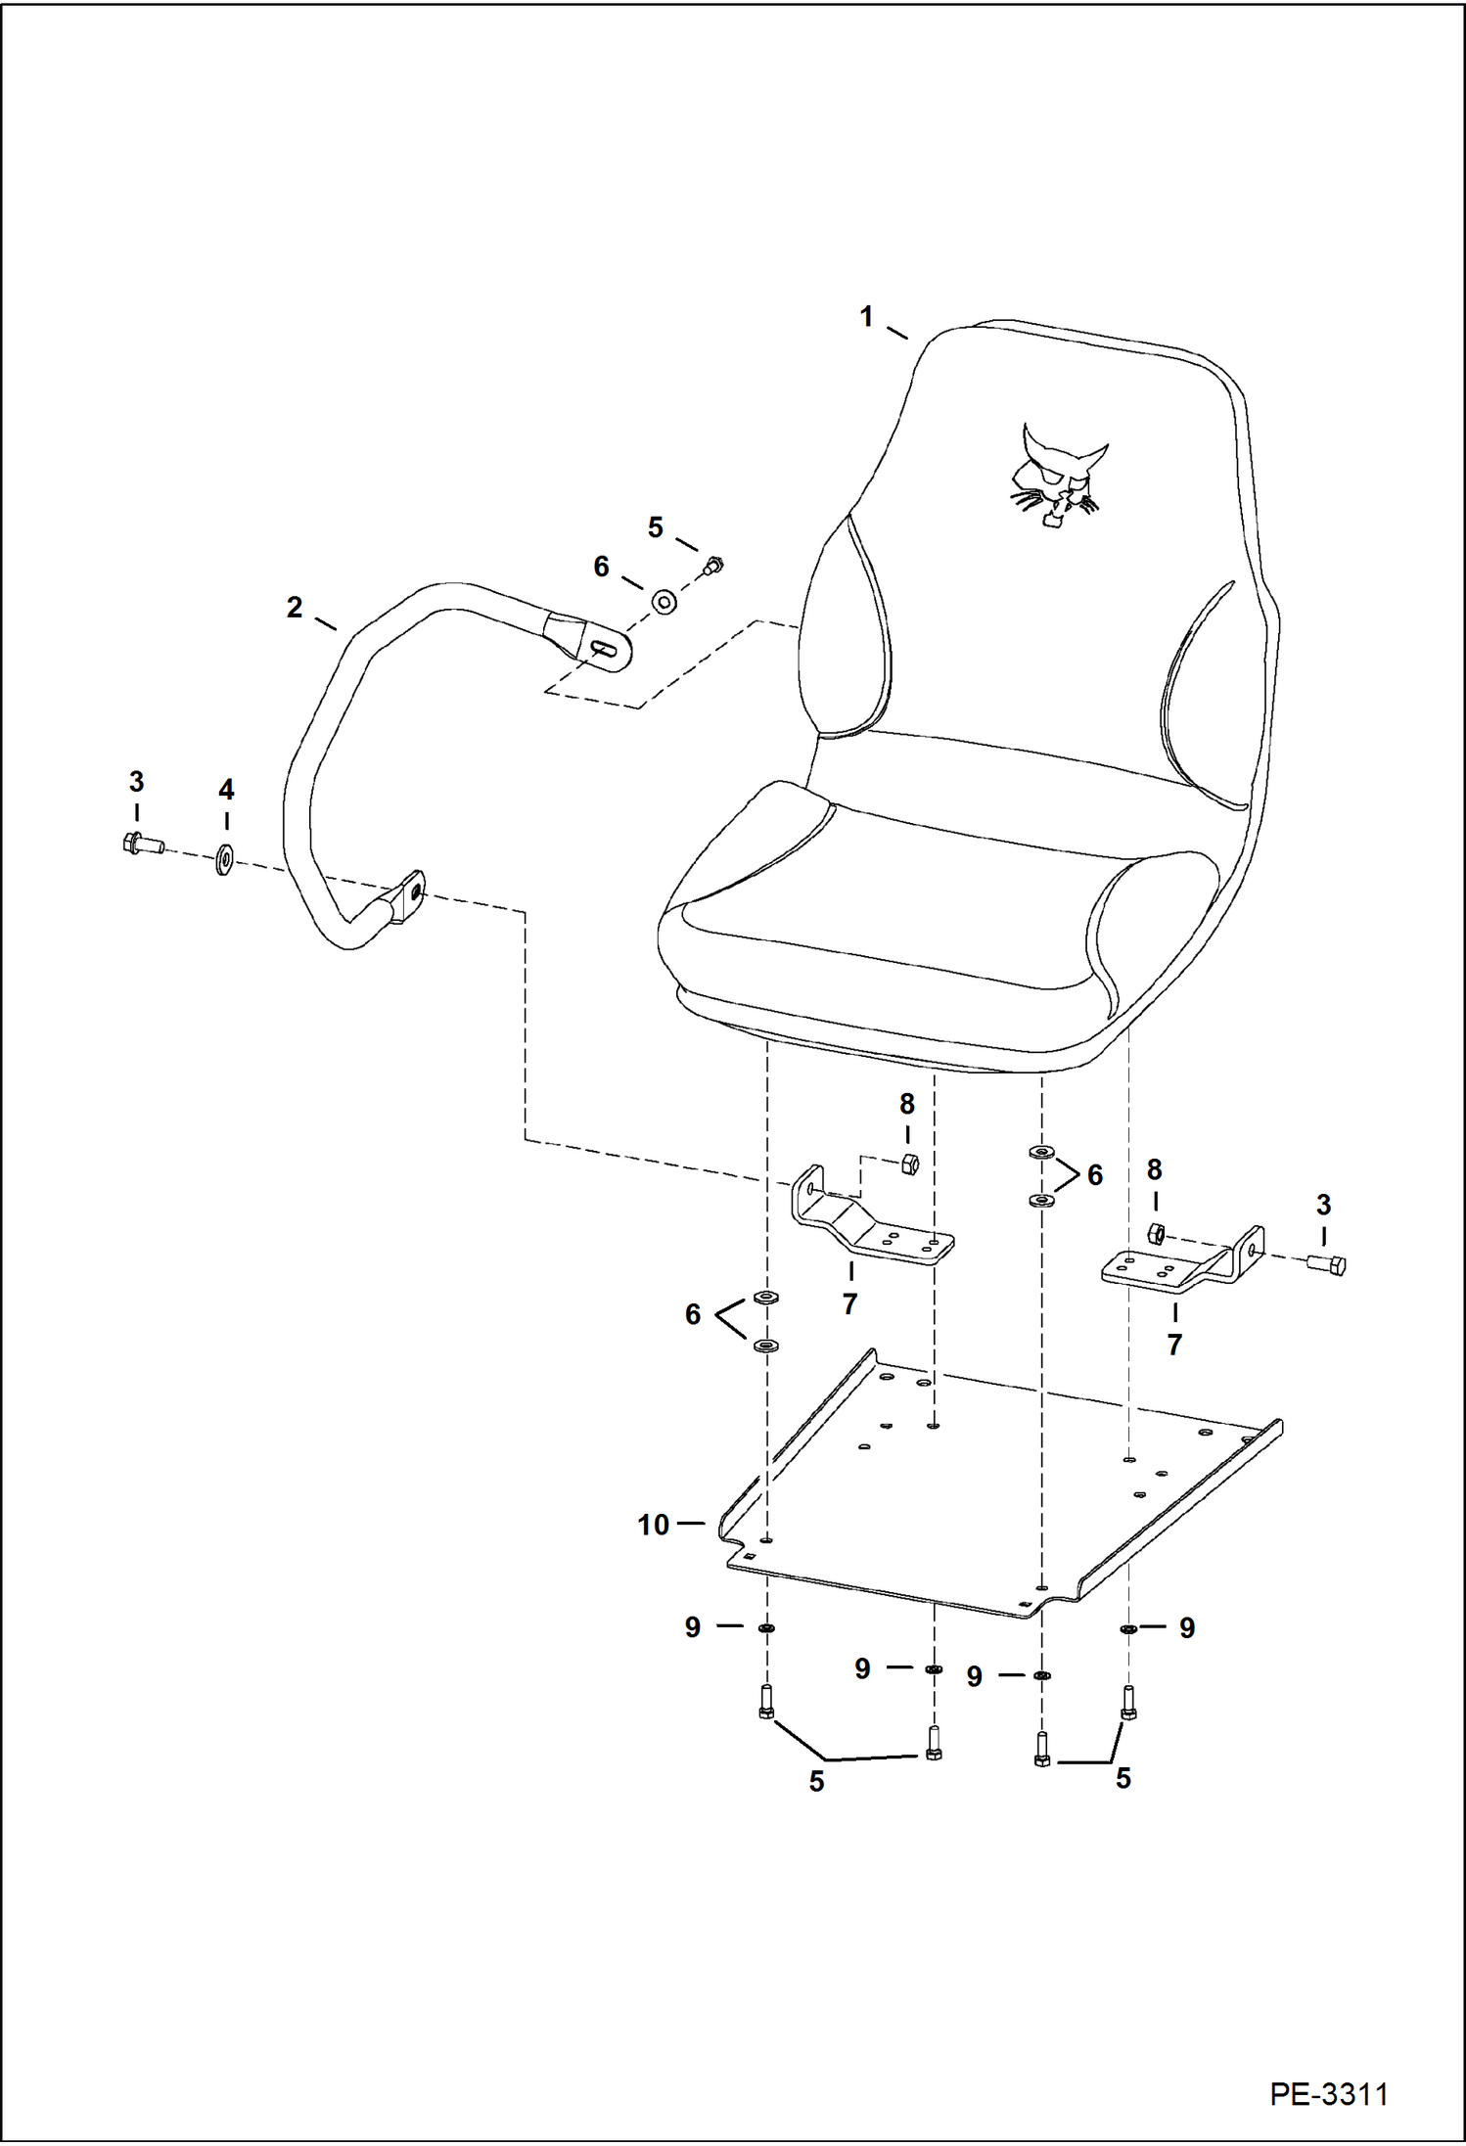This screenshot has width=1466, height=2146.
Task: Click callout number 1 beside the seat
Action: click(866, 317)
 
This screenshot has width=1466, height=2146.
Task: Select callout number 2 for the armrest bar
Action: click(295, 608)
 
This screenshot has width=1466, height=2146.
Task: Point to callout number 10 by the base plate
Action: click(653, 1525)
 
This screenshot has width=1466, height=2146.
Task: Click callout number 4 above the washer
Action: click(226, 789)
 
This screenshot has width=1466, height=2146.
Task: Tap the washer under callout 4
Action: click(224, 861)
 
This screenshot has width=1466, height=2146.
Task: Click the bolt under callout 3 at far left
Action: click(143, 843)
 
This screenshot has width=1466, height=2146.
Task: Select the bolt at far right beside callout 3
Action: click(1327, 1263)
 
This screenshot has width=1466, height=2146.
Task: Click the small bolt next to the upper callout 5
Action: click(713, 565)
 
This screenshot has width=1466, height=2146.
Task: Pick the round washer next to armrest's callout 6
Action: click(664, 601)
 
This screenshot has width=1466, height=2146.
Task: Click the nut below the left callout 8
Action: click(908, 1164)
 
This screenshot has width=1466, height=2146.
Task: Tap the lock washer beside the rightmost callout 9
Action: click(1127, 1628)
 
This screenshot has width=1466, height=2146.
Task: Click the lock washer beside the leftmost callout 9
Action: click(766, 1627)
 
